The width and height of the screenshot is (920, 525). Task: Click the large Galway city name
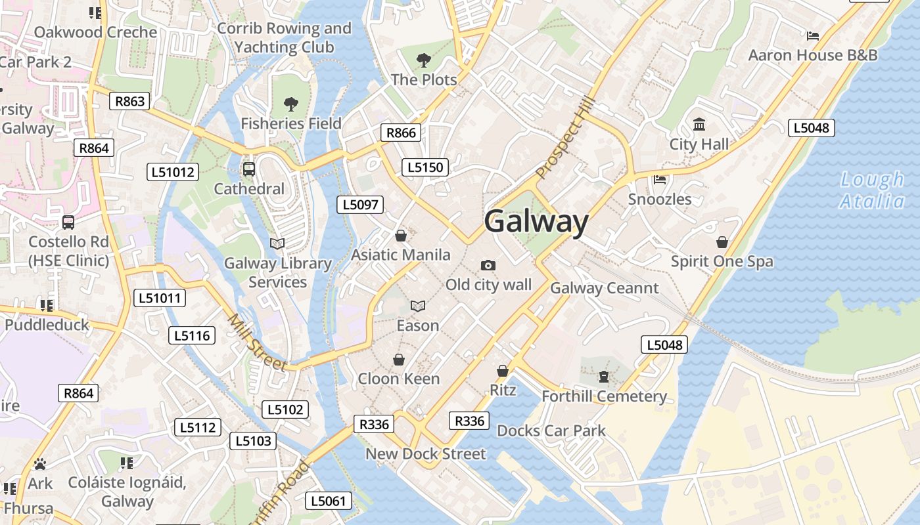[536, 221]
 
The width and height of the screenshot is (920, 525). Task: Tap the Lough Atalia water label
[872, 190]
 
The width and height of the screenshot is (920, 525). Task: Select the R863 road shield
[129, 101]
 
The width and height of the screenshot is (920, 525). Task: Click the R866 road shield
[401, 133]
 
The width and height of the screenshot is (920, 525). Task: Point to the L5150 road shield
[425, 167]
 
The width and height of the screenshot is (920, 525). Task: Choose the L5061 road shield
[329, 501]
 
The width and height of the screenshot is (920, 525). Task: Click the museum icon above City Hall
[699, 124]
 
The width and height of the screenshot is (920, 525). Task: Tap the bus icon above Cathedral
[249, 169]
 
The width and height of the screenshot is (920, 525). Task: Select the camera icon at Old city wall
[488, 265]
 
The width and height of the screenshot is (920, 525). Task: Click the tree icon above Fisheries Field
[290, 104]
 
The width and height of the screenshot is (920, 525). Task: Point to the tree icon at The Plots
[424, 60]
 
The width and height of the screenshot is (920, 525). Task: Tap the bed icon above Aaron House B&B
[813, 35]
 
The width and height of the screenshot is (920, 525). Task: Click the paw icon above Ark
[40, 464]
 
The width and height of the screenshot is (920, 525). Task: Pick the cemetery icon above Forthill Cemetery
[603, 377]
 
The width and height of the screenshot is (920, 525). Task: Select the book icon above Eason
[418, 306]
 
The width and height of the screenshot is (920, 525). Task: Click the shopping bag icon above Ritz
[503, 371]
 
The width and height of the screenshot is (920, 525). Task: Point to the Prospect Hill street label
[565, 138]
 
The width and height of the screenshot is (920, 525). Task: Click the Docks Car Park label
[551, 430]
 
